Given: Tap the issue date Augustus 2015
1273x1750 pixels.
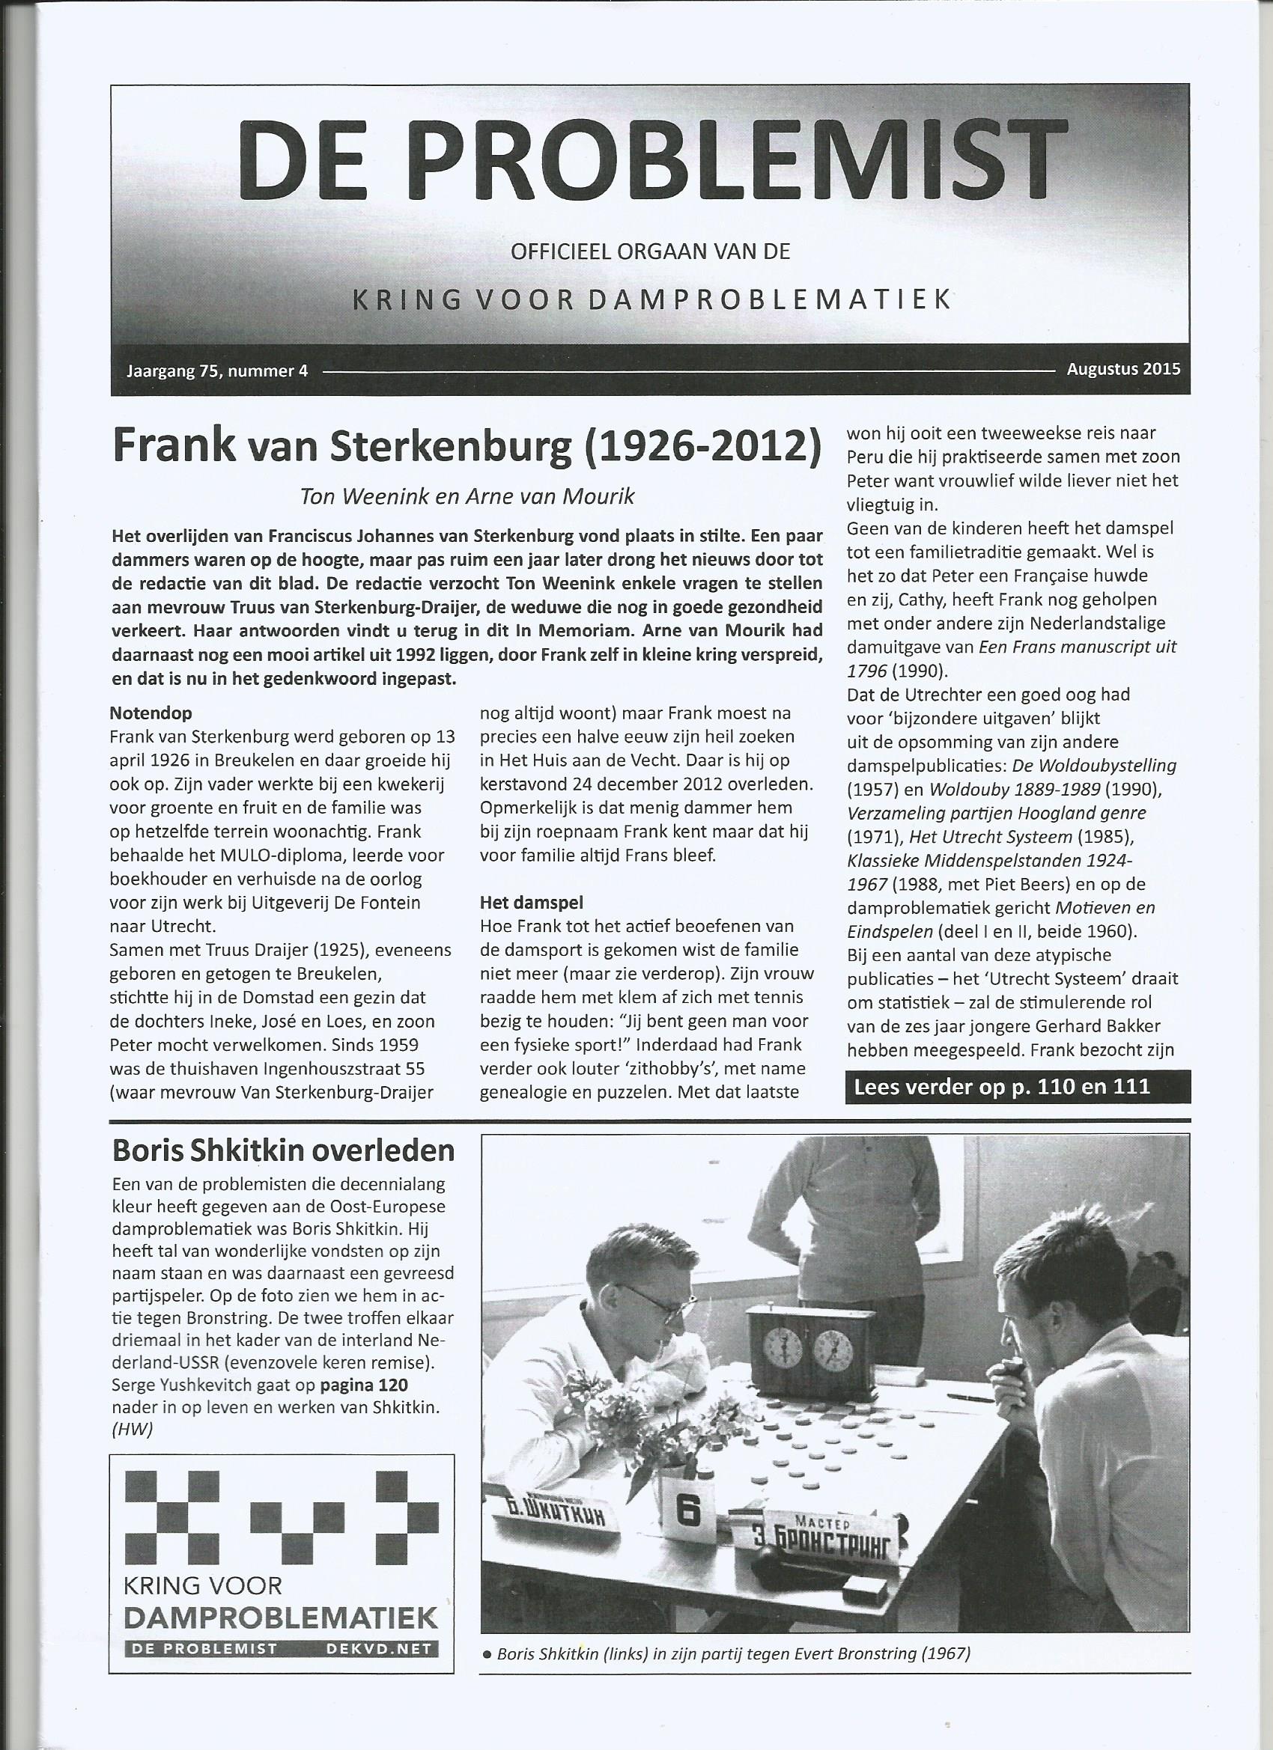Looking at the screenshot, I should [x=1122, y=369].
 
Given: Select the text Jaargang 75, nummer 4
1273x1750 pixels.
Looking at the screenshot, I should [x=217, y=371].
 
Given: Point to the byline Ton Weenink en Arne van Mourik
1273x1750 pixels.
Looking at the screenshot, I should [x=467, y=496].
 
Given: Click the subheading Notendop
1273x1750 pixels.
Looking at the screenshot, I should [x=151, y=711].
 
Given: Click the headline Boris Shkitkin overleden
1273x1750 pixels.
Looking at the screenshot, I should [x=283, y=1150].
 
